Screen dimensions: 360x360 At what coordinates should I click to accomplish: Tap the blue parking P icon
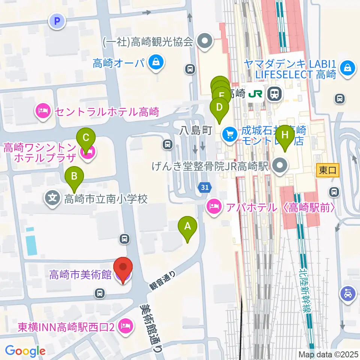pos(57,21)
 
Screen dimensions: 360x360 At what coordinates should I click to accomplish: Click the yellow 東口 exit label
pos(327,170)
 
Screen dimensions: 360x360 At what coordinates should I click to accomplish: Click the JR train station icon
pos(274,93)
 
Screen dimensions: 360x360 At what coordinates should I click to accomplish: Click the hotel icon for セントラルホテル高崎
pos(43,111)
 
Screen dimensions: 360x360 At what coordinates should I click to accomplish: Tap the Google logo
pos(25,351)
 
